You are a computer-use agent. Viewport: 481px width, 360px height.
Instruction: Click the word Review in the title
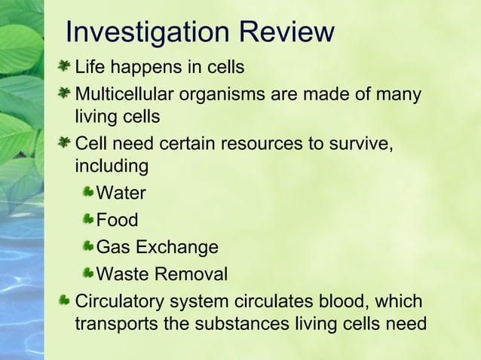286,32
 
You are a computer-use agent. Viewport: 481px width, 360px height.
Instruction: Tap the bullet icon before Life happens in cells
66,67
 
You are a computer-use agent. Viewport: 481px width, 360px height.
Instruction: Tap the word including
111,165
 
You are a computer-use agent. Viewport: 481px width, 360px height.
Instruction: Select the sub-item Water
121,193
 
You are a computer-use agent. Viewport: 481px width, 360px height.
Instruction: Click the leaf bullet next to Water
88,193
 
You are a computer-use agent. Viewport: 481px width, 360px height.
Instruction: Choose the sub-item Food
117,220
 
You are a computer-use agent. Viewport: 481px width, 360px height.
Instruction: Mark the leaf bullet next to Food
88,220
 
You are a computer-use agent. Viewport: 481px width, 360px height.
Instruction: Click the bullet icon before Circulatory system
66,301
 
